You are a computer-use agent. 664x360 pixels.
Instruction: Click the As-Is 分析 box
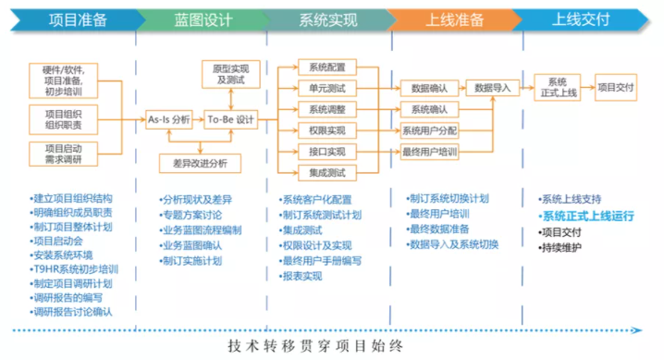[x=169, y=119]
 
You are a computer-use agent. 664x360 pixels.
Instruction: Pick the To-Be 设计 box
[x=230, y=119]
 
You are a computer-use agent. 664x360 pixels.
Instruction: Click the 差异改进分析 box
[x=199, y=163]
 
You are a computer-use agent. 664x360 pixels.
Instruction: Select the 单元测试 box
[x=327, y=89]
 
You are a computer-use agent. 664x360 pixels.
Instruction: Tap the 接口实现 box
[x=327, y=152]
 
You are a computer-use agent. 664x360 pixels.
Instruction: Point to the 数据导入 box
[x=493, y=88]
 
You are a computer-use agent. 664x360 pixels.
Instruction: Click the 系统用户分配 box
[x=429, y=130]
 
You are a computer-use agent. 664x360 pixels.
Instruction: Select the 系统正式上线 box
[x=557, y=87]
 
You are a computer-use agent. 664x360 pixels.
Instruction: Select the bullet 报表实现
[x=306, y=277]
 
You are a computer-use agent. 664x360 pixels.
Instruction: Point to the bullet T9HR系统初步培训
[x=79, y=269]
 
